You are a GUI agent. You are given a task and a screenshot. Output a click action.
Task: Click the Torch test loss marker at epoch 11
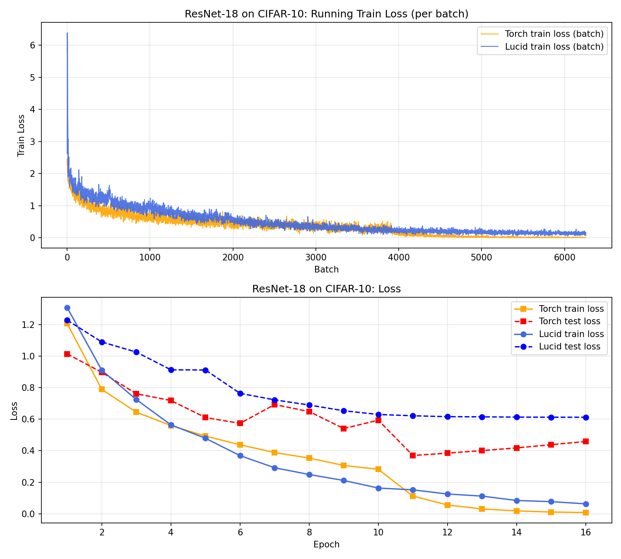[x=413, y=455]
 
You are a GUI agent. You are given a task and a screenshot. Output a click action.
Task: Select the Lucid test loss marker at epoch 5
[x=205, y=370]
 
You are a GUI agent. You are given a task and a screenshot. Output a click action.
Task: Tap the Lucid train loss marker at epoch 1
[x=67, y=308]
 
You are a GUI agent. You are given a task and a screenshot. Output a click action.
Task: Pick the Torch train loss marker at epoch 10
[x=378, y=469]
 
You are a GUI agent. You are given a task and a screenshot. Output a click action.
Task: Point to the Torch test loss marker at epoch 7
[x=274, y=405]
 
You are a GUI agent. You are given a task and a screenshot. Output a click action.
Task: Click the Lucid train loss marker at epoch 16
[x=586, y=504]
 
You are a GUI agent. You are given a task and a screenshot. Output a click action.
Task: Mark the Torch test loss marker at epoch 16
[x=586, y=441]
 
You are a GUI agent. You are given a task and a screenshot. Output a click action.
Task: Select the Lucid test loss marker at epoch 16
[x=586, y=417]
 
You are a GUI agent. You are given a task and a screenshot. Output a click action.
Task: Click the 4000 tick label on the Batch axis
[x=399, y=257]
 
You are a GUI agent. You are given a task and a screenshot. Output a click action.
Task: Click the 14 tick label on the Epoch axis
[x=516, y=532]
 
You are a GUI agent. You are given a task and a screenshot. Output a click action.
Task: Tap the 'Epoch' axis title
[x=326, y=545]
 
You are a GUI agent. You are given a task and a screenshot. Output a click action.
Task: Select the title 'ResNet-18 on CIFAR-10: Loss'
[x=326, y=289]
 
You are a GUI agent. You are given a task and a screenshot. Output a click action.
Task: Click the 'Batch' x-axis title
[x=326, y=270]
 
